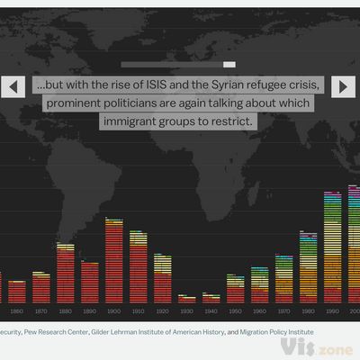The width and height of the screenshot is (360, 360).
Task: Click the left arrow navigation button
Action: [x=13, y=86]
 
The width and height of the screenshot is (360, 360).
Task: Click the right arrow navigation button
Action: [x=344, y=86]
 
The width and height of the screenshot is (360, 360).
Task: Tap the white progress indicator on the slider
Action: [x=229, y=65]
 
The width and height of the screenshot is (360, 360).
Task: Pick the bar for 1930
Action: [x=186, y=298]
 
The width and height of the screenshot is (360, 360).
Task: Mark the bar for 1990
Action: [x=332, y=247]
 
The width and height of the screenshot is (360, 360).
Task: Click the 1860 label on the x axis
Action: [x=16, y=310]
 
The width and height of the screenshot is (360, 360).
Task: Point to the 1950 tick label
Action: [x=235, y=310]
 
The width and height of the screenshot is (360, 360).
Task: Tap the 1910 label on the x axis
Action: [x=138, y=310]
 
